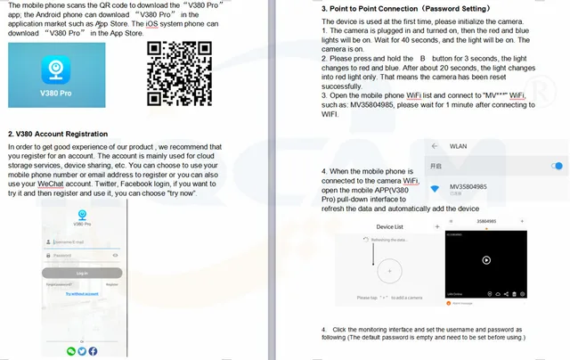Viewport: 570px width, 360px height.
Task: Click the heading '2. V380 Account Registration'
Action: pyautogui.click(x=58, y=133)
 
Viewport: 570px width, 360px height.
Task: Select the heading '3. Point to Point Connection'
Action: pyautogui.click(x=385, y=8)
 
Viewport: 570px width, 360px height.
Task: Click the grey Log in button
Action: pyautogui.click(x=82, y=273)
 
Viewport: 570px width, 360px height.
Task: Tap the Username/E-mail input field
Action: pyautogui.click(x=82, y=241)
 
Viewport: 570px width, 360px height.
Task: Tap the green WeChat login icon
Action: pyautogui.click(x=71, y=351)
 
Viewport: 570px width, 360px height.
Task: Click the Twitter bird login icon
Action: pyautogui.click(x=82, y=351)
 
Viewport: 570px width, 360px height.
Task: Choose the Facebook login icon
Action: pyautogui.click(x=93, y=351)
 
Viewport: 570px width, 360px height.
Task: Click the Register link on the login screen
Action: pyautogui.click(x=111, y=284)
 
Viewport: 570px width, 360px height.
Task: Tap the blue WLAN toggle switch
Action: pyautogui.click(x=558, y=166)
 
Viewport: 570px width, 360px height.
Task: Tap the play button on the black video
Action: pyautogui.click(x=486, y=260)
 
